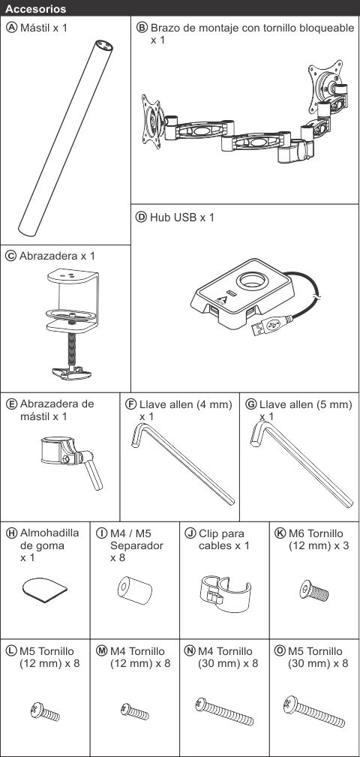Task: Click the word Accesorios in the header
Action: coord(36,9)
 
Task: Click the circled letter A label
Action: coord(11,27)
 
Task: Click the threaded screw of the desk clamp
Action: coord(71,349)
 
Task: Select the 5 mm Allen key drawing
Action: coord(301,464)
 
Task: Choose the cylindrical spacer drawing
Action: coord(135,590)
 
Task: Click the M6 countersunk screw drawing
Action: coord(313,591)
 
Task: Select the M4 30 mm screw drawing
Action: coord(224,712)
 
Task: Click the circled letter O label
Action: coord(280,650)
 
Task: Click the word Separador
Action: coord(136,545)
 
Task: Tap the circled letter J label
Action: coord(190,533)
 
